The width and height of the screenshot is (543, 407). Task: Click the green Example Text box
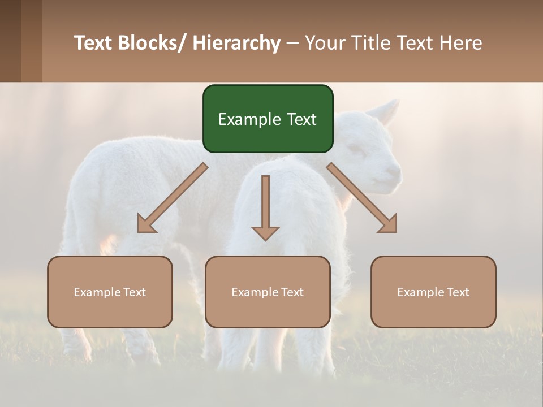pos(268,119)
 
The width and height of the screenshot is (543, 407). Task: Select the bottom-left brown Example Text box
pos(110,292)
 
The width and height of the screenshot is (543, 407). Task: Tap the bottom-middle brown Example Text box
pos(268,292)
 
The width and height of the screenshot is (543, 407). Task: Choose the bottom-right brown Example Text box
pos(433,292)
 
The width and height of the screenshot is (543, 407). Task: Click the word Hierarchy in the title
pos(237,43)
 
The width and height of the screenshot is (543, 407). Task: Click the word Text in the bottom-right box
pos(457,292)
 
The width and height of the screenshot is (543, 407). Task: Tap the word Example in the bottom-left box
pos(97,292)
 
